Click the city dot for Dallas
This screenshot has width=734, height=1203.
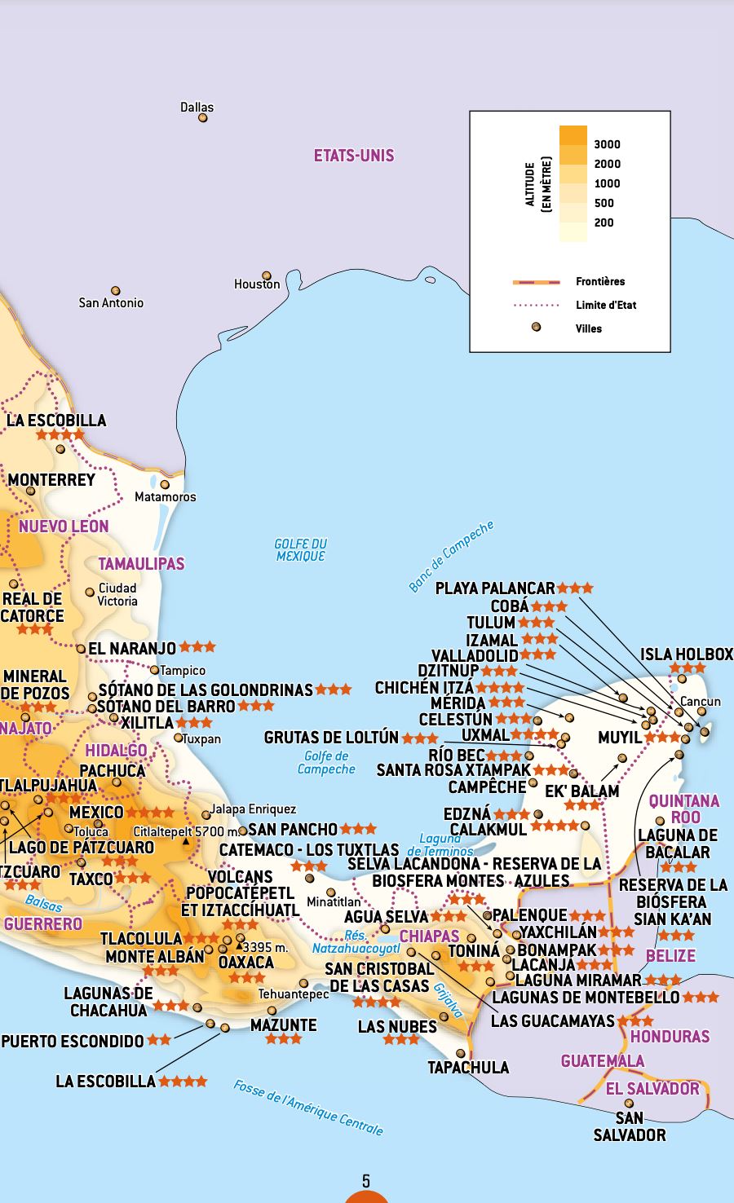[x=203, y=118]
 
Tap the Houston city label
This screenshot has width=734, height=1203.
[x=257, y=284]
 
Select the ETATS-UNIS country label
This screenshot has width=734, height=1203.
[x=354, y=155]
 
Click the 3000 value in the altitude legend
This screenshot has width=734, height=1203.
[x=607, y=144]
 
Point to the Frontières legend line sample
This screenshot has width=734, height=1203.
[x=536, y=282]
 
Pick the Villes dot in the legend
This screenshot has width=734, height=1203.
[x=536, y=328]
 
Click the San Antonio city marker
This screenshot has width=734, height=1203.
[x=116, y=291]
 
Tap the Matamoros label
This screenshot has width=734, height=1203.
[x=165, y=496]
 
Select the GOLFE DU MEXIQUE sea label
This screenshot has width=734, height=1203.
[x=300, y=549]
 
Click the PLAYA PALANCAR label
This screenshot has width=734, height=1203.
[x=495, y=588]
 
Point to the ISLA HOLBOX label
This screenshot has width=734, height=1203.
[x=686, y=654]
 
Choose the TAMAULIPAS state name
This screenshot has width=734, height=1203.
[x=141, y=563]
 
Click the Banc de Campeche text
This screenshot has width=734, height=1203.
[x=451, y=557]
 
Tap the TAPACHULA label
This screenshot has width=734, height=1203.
[x=468, y=1067]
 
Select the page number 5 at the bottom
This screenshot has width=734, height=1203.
[x=366, y=1180]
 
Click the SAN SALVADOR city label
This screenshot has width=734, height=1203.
[x=629, y=1126]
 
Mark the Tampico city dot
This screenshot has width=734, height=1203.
[x=154, y=670]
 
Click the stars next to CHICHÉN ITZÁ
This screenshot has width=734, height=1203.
[x=500, y=688]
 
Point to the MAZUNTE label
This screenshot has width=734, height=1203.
[x=283, y=1025]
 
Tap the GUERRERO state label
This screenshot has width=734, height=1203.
[x=43, y=923]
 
